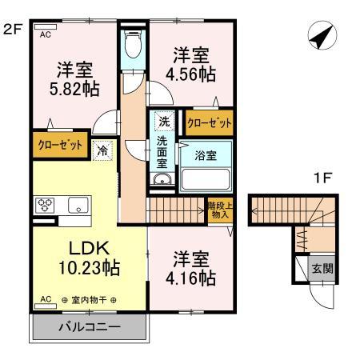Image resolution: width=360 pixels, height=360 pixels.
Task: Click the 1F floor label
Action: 322,179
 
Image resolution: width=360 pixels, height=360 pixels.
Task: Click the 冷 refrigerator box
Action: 103,149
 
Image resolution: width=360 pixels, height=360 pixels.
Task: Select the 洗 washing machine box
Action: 163,123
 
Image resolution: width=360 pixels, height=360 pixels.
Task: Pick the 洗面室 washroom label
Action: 162,151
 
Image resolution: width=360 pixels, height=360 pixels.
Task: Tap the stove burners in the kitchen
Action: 43,204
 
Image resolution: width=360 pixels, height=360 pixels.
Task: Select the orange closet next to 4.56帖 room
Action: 210,123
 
